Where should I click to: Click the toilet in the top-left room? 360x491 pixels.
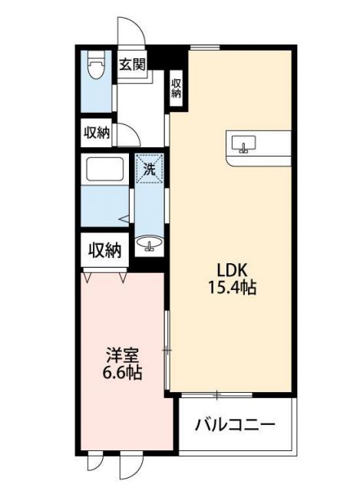[x=96, y=67]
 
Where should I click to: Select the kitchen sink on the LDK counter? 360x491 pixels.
[x=245, y=144]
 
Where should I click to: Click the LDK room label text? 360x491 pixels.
[x=230, y=270]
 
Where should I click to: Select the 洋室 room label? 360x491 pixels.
[x=123, y=356]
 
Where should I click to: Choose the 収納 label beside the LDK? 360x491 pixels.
[x=176, y=87]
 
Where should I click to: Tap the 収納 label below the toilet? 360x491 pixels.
[x=96, y=132]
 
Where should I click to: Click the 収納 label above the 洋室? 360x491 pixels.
[x=104, y=249]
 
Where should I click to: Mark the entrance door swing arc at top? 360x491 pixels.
[x=130, y=31]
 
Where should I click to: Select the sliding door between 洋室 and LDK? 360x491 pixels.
[x=167, y=349]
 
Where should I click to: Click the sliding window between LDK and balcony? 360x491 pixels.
[x=217, y=394]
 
